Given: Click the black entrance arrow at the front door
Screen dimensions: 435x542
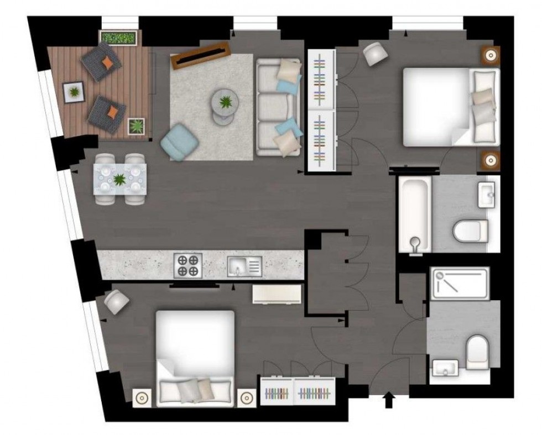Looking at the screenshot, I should [x=389, y=400].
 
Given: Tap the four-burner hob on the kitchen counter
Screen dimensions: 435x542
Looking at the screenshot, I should [x=188, y=265].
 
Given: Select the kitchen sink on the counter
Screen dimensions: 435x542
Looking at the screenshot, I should [x=243, y=266].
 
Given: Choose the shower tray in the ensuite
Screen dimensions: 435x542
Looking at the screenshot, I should [x=460, y=284].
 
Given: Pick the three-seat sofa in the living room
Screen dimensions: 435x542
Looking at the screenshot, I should [x=278, y=108].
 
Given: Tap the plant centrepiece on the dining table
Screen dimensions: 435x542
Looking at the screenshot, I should [x=120, y=179].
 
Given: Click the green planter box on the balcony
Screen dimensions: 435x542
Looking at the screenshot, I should [x=118, y=38].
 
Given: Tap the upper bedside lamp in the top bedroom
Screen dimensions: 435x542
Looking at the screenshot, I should [x=489, y=55].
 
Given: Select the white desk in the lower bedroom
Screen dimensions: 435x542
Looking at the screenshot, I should [x=277, y=294].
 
